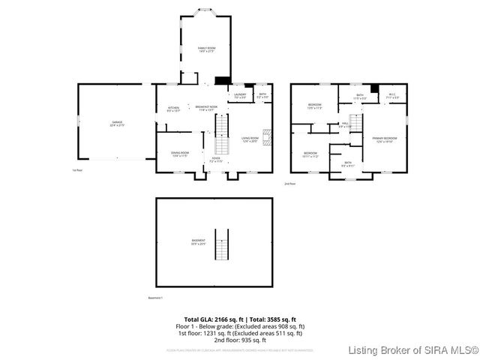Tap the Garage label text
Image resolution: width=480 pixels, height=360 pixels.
point(118,123)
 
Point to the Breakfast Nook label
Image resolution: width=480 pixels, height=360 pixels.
point(206,109)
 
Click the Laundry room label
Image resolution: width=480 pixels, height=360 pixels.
point(240,96)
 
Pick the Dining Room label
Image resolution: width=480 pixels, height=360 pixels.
point(180,154)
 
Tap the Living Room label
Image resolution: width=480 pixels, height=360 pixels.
point(249,139)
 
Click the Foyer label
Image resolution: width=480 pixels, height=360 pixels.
point(216,160)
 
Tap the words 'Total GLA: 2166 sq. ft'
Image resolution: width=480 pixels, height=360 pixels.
point(209,319)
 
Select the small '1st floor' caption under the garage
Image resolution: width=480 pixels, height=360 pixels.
point(76,170)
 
